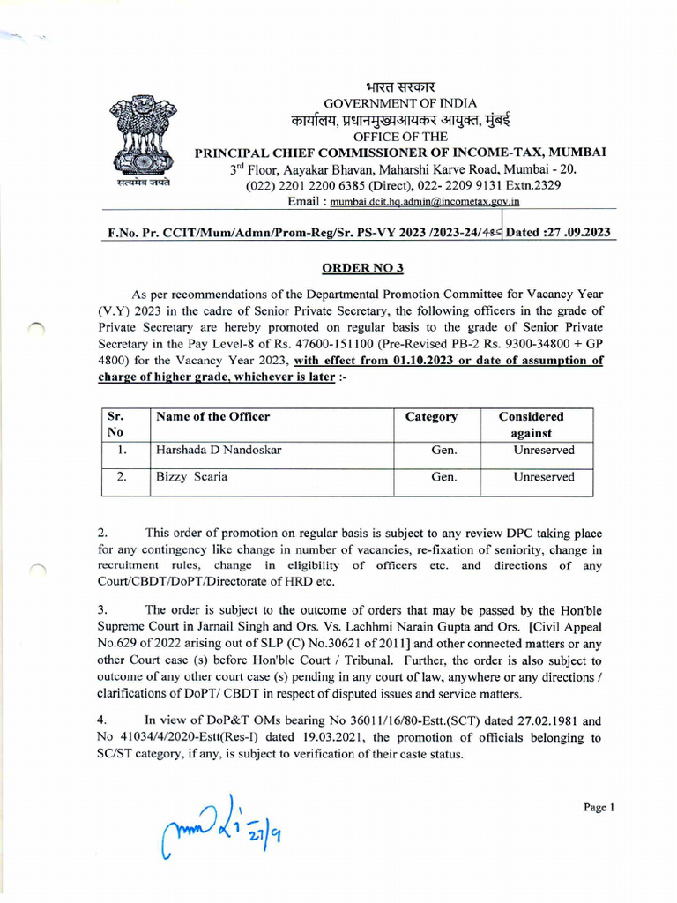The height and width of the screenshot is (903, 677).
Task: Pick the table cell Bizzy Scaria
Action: click(x=191, y=477)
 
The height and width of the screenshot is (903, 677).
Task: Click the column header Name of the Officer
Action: click(x=212, y=416)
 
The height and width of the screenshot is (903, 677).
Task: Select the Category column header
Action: click(x=431, y=417)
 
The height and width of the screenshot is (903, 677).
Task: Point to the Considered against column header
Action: click(x=531, y=424)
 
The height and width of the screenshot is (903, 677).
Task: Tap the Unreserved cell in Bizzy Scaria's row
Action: click(x=544, y=477)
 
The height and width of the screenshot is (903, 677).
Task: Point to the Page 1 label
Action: click(x=598, y=807)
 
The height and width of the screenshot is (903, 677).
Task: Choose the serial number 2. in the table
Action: click(x=124, y=477)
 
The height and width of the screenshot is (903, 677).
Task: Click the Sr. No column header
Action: click(x=115, y=424)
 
